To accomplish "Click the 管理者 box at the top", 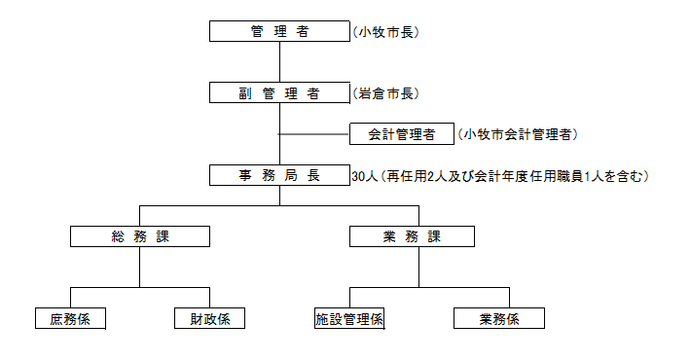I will point(279,32).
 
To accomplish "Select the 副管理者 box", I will point(279,93).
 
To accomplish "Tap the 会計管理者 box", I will point(401,133).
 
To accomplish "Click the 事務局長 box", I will point(279,176).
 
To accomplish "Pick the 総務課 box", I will point(140,235).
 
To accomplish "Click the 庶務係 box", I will point(70,318).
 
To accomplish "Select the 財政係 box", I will point(209,318).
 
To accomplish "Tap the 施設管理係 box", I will point(349,318).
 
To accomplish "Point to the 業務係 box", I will point(498,318).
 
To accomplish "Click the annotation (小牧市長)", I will point(385,32).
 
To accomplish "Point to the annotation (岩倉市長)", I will point(385,93).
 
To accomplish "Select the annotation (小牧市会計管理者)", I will point(524,133).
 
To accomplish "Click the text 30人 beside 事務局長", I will point(363,177).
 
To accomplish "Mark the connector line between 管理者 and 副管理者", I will point(279,62).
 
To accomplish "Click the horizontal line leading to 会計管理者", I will point(313,133).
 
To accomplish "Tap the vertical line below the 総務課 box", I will point(140,265).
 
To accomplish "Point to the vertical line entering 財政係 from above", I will point(209,297).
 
